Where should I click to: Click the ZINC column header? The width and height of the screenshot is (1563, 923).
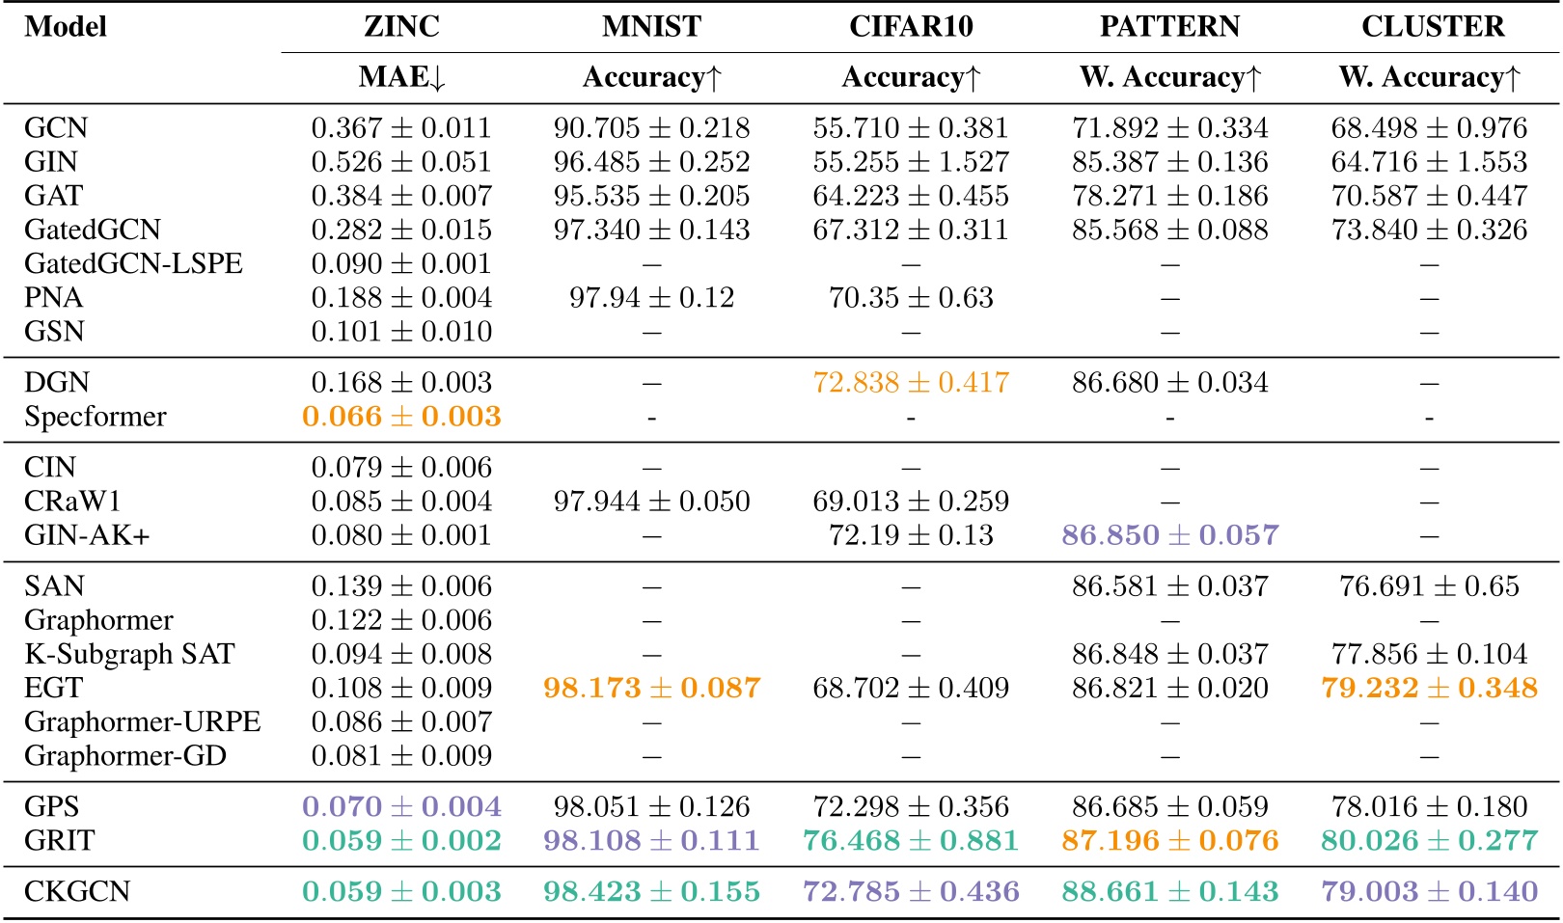click(x=401, y=26)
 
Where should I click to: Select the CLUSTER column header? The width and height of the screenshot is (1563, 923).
click(x=1432, y=26)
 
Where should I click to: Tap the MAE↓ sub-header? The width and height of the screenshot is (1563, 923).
click(x=401, y=77)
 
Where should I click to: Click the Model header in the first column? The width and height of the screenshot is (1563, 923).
click(x=66, y=26)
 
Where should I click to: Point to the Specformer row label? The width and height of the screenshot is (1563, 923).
click(x=95, y=417)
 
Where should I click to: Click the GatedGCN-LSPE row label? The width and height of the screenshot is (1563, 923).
click(x=133, y=263)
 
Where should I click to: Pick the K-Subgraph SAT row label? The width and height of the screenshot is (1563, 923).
click(x=129, y=654)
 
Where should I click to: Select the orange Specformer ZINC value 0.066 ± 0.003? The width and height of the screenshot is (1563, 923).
click(x=401, y=417)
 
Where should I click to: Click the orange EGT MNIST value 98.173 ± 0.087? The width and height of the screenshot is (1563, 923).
click(x=651, y=688)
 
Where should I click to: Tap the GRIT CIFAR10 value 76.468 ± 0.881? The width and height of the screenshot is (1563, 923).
click(x=910, y=841)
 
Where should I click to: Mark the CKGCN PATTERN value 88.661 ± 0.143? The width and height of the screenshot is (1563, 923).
click(x=1169, y=891)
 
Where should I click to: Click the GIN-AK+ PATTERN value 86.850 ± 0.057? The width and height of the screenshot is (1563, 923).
click(x=1169, y=535)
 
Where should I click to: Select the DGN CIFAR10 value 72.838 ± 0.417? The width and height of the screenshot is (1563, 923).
click(x=910, y=383)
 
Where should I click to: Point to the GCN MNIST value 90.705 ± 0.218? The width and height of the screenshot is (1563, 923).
click(x=651, y=128)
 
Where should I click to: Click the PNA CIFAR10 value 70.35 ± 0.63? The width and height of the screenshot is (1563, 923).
click(x=910, y=298)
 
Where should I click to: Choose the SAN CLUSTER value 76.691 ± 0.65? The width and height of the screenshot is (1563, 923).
click(x=1429, y=586)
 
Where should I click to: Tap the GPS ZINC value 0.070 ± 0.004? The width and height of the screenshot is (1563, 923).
click(x=401, y=807)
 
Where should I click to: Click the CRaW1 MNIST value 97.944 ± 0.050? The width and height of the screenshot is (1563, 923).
click(x=651, y=502)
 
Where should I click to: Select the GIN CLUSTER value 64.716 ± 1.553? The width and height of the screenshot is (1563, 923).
click(x=1429, y=162)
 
